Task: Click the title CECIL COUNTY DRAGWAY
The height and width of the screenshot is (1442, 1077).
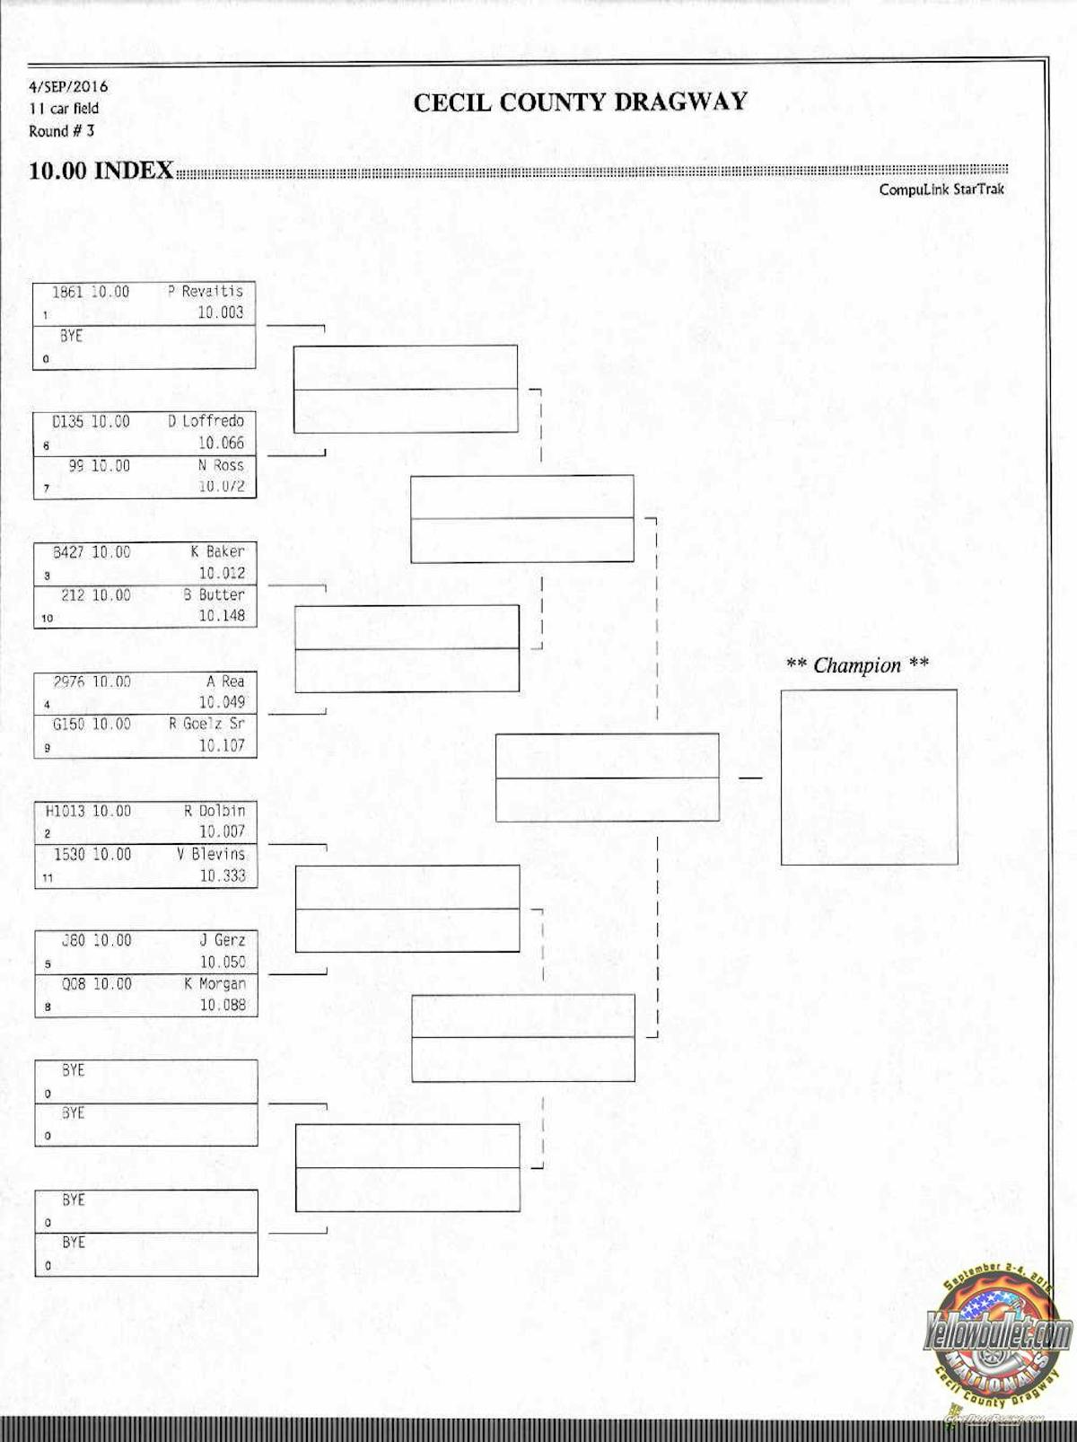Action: click(x=580, y=102)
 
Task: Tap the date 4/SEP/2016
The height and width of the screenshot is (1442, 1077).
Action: click(x=68, y=87)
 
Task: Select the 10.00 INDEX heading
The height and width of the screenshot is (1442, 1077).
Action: click(x=101, y=171)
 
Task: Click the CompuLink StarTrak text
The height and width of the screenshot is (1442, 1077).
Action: click(x=941, y=189)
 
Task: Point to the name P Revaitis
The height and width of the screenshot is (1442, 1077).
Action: click(x=206, y=292)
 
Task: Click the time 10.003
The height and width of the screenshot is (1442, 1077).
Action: click(x=220, y=312)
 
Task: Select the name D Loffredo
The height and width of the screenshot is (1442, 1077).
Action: click(x=206, y=421)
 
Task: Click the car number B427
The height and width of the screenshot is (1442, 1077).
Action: click(x=68, y=552)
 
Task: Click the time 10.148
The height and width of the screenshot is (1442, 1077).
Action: click(x=222, y=616)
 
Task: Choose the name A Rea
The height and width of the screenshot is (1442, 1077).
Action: click(x=225, y=681)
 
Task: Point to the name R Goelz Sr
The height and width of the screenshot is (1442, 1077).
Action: click(x=206, y=724)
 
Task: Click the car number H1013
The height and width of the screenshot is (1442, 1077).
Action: click(x=64, y=811)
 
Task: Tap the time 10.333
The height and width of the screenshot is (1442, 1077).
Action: click(x=222, y=875)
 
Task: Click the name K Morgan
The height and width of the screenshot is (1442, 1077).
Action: click(x=215, y=984)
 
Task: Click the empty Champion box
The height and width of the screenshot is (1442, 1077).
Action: click(x=869, y=777)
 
